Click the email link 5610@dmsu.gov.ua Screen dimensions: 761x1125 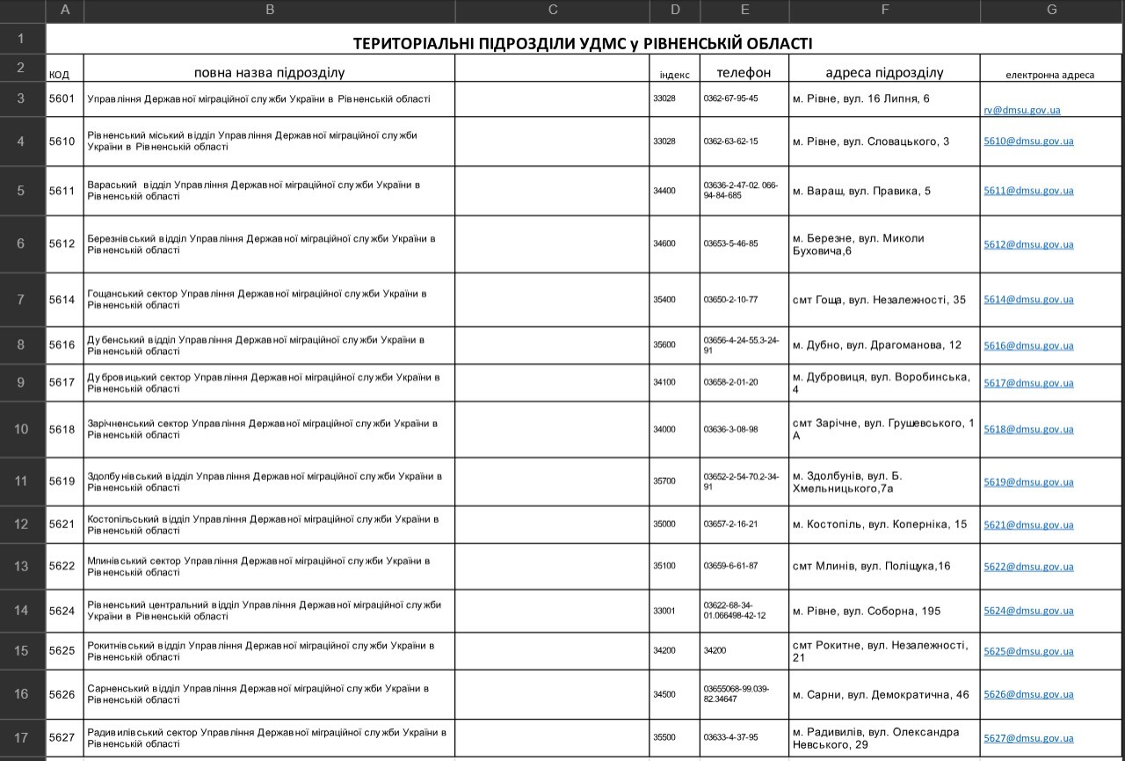[1028, 141]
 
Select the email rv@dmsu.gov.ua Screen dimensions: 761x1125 [1021, 111]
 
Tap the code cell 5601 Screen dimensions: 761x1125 [62, 99]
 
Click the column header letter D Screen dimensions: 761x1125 [675, 11]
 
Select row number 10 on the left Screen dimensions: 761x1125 [22, 429]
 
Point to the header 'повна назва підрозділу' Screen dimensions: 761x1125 [269, 72]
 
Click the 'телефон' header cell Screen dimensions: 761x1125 [744, 72]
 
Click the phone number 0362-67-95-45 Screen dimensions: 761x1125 [730, 98]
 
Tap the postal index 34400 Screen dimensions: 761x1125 [664, 191]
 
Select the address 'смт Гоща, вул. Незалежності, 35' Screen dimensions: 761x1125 [879, 300]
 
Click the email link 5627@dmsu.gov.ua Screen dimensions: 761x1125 [1028, 738]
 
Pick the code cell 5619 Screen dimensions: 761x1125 [62, 482]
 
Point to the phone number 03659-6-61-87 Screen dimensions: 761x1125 [730, 566]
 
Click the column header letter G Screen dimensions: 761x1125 [1052, 11]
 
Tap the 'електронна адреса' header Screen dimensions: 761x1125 [1050, 75]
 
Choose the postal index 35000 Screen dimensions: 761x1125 [664, 524]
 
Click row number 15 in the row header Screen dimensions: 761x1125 [22, 650]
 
